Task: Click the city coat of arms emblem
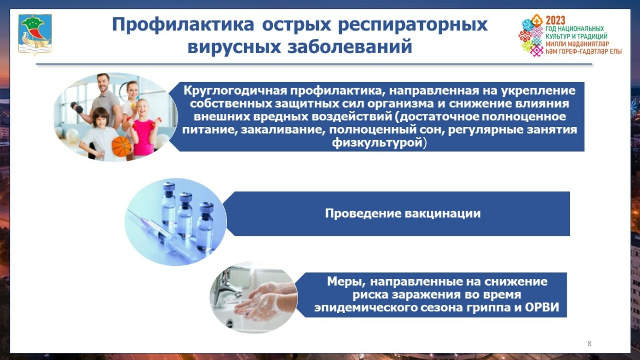(x=35, y=34)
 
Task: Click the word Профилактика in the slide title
(x=183, y=25)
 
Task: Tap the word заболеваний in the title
(x=350, y=47)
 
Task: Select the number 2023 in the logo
(x=556, y=20)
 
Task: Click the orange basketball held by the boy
(x=121, y=147)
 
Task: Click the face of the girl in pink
(x=142, y=108)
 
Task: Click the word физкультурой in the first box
(x=377, y=142)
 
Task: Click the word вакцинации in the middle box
(x=443, y=213)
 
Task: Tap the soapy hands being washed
(x=265, y=301)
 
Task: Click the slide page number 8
(x=589, y=344)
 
